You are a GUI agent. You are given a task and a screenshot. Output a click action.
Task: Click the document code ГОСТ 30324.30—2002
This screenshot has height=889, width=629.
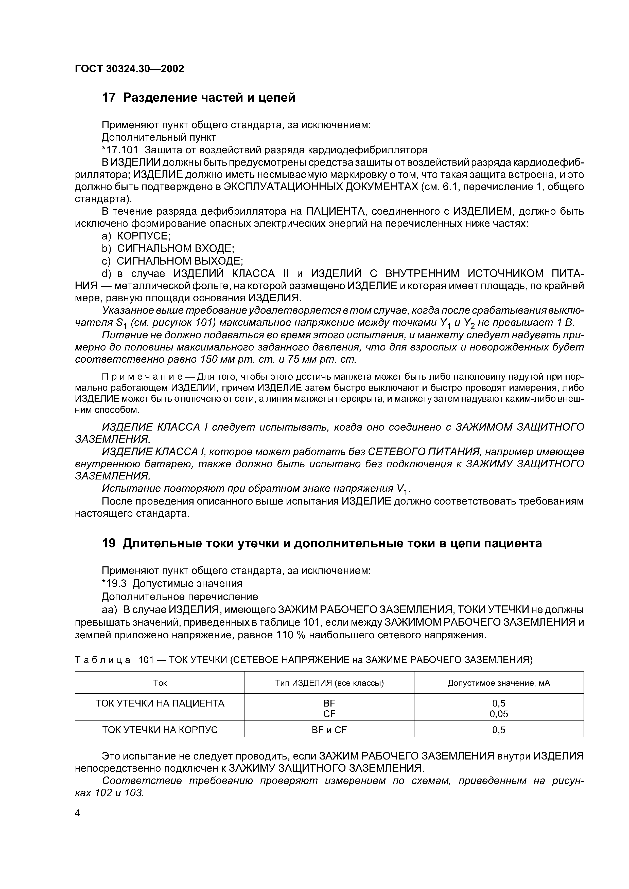pos(129,69)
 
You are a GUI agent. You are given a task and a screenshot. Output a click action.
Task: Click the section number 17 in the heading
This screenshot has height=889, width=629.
pos(109,98)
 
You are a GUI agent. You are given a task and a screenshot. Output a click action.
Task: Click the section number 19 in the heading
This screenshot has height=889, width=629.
pos(109,544)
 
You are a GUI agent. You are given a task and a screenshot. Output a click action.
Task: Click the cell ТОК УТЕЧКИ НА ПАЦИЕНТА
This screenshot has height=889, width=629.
pos(160,703)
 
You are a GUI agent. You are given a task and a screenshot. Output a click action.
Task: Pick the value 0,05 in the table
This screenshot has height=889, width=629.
pos(499,714)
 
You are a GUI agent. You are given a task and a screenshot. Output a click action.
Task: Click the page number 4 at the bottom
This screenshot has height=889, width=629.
pos(77,813)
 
